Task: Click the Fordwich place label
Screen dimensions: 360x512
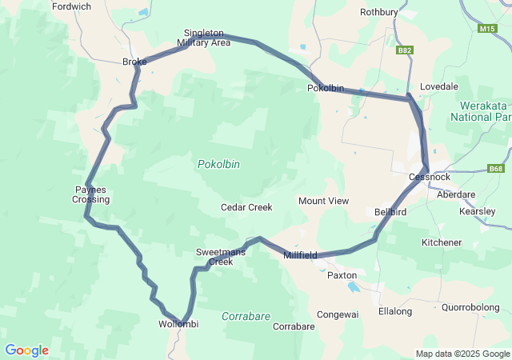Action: [x=71, y=6]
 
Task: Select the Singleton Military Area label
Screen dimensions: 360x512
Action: [x=203, y=38]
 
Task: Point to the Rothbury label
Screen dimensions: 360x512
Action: [x=378, y=12]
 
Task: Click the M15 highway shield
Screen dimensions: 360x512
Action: [x=486, y=29]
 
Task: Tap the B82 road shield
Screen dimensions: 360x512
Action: [x=405, y=50]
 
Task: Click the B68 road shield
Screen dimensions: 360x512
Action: [x=497, y=169]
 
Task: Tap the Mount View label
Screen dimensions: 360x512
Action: [x=323, y=201]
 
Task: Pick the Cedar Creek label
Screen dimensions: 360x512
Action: [x=246, y=207]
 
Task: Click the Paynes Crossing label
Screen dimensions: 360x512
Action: [x=91, y=194]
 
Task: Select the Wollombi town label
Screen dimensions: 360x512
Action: [x=178, y=324]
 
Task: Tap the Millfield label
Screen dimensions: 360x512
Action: [x=301, y=255]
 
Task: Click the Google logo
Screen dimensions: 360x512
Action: [x=26, y=350]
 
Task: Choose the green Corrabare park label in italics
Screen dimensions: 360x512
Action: [x=246, y=316]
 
